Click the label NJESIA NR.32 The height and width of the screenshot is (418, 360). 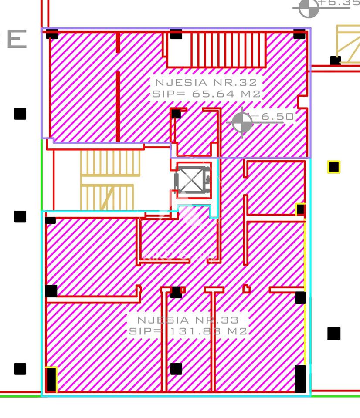[206, 82]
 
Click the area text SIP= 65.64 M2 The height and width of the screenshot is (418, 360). [206, 94]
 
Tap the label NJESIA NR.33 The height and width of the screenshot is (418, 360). [188, 320]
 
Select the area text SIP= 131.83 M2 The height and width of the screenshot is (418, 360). [188, 331]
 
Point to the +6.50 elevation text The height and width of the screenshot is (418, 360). [273, 116]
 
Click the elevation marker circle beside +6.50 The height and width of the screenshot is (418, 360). [242, 122]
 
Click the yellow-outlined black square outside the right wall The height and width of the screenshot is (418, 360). [334, 167]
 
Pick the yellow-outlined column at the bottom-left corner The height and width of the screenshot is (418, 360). [51, 379]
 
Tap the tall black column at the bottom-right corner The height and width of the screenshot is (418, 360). [300, 379]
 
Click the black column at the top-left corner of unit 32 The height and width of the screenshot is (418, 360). [52, 34]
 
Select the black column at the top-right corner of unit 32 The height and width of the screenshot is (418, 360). [299, 34]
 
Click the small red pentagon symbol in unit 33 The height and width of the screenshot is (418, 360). [246, 289]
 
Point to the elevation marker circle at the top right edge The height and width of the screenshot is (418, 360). [309, 8]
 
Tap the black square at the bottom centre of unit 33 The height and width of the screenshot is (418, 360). [176, 369]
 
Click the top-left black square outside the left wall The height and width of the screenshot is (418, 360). [20, 114]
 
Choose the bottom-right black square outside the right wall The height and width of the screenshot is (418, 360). [334, 334]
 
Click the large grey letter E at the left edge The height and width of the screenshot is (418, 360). [17, 39]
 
